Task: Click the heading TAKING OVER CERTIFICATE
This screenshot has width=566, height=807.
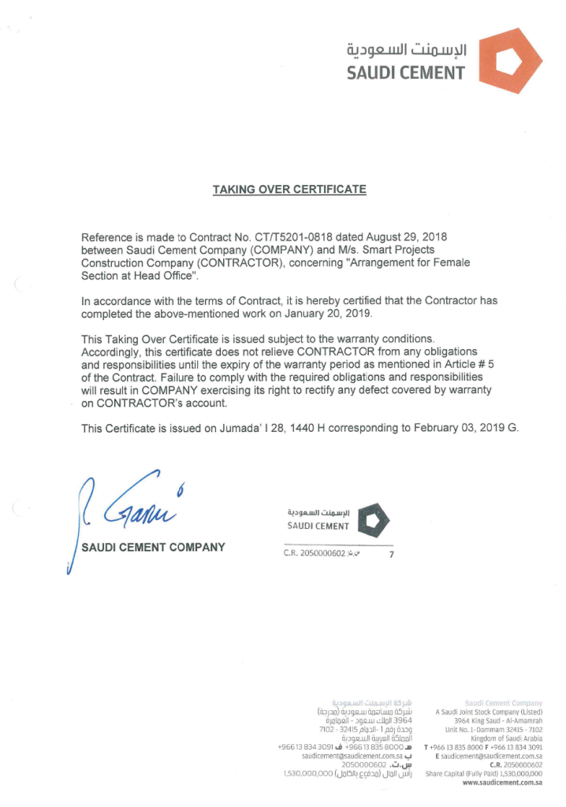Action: (x=289, y=190)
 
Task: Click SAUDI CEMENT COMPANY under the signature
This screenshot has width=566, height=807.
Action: (x=153, y=547)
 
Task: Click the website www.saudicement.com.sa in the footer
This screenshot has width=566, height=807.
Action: (x=502, y=783)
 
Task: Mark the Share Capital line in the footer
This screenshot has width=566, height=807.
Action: (x=483, y=773)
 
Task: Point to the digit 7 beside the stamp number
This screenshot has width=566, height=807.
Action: (x=391, y=555)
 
